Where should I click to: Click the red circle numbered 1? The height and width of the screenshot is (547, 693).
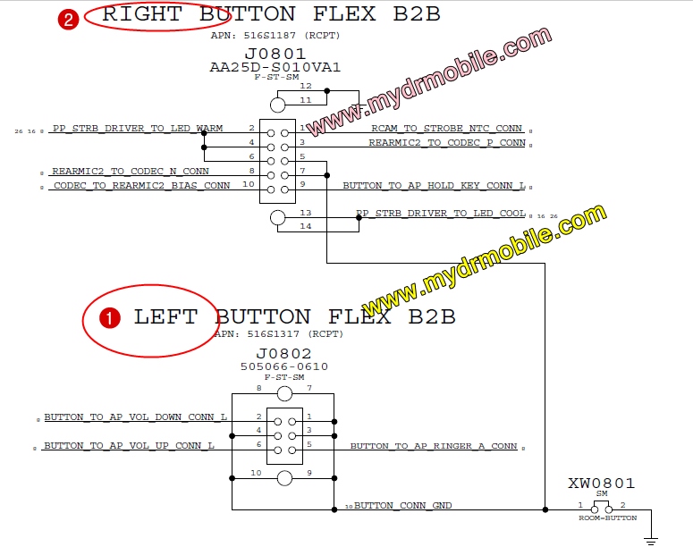click(x=109, y=317)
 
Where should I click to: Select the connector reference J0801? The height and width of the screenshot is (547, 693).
click(x=275, y=54)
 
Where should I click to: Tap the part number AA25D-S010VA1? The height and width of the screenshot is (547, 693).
click(x=275, y=67)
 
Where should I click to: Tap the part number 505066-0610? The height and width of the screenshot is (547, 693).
click(x=284, y=366)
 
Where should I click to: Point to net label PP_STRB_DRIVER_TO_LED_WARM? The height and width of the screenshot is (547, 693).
click(x=137, y=129)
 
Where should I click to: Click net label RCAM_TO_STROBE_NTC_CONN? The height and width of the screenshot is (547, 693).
click(x=446, y=129)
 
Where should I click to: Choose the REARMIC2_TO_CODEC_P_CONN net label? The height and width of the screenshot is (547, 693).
click(x=446, y=142)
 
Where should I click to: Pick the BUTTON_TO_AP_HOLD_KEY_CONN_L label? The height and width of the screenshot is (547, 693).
click(x=434, y=186)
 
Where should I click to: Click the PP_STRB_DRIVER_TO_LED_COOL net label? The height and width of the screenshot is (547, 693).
click(x=440, y=214)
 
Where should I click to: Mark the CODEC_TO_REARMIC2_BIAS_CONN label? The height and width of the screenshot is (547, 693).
click(x=140, y=186)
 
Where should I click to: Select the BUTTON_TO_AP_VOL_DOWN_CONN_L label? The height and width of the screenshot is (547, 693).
click(x=135, y=417)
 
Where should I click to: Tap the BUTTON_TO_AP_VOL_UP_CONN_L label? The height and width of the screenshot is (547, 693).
click(x=129, y=445)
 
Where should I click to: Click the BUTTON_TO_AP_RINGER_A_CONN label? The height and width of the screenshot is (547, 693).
click(x=434, y=445)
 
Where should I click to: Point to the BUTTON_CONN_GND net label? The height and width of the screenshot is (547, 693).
click(x=402, y=506)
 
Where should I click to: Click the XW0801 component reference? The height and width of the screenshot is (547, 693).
click(x=601, y=484)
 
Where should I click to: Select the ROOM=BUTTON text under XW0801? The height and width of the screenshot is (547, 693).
click(x=607, y=518)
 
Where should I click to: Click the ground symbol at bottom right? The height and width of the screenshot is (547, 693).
click(x=651, y=539)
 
